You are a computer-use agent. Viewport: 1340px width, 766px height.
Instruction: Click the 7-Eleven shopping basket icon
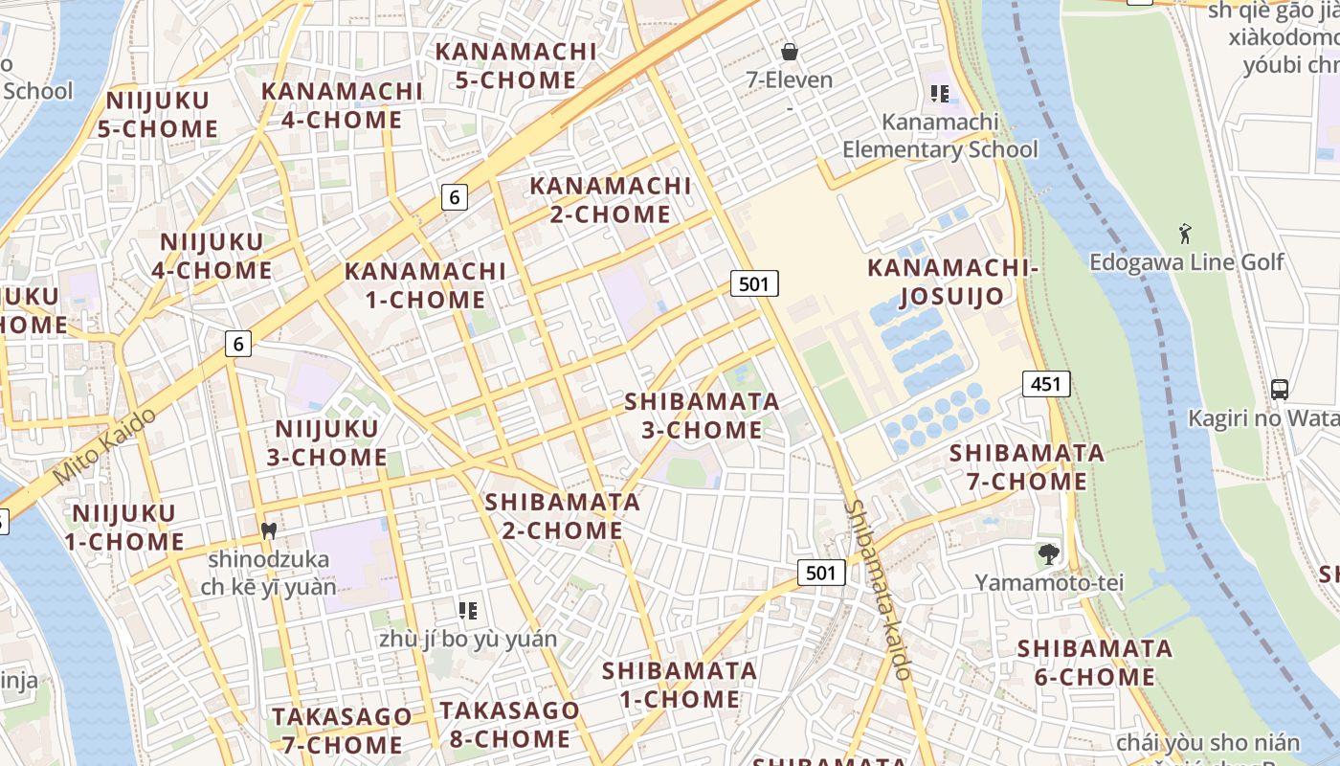point(790,51)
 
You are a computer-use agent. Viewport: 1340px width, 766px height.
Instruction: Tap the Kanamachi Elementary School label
point(939,136)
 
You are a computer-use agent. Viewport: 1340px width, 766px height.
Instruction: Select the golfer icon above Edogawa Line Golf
point(1185,233)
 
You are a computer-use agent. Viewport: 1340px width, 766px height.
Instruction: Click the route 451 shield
point(1046,384)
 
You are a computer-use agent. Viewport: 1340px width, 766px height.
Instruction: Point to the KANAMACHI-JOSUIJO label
point(952,282)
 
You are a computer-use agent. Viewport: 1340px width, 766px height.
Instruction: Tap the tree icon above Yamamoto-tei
point(1049,553)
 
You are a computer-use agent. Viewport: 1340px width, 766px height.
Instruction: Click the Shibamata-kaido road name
point(880,589)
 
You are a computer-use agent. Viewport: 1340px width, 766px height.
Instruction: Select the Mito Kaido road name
point(104,446)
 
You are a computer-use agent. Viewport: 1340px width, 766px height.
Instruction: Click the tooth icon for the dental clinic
point(269,529)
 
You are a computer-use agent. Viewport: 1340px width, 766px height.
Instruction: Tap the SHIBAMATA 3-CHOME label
point(702,416)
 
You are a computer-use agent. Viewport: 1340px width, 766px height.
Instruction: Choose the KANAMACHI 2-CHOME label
point(610,199)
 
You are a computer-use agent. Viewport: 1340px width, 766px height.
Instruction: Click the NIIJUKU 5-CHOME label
point(158,114)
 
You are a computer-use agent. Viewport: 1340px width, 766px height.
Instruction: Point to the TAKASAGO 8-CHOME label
point(509,724)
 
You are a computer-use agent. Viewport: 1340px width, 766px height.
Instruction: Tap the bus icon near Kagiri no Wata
point(1280,389)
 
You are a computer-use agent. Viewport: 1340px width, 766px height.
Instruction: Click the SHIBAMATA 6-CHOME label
point(1094,663)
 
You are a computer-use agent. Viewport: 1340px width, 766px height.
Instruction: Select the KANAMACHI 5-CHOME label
point(516,65)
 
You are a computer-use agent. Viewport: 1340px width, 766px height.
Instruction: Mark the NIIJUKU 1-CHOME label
point(124,528)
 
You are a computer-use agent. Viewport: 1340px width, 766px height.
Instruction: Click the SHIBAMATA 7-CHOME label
point(1026,466)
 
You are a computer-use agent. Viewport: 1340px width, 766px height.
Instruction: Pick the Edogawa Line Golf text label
point(1187,261)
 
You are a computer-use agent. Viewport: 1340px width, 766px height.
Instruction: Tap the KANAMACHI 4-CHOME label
point(342,105)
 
